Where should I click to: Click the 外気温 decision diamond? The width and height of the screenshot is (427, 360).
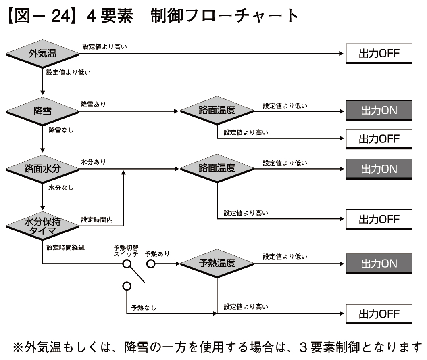coord(42,54)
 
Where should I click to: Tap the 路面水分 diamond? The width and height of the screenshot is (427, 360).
coord(42,168)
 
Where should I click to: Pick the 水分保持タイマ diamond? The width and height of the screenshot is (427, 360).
coord(42,224)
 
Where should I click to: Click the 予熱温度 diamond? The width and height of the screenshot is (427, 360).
coord(217,264)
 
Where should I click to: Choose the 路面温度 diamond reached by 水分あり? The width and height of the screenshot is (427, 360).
coord(217,168)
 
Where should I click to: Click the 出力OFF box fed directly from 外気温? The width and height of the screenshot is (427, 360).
coord(379,54)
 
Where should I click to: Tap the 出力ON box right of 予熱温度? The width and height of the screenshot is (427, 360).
coord(379,264)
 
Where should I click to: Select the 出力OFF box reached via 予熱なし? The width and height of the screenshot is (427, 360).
coord(379,314)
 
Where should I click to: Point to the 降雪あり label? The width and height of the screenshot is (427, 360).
coord(94,104)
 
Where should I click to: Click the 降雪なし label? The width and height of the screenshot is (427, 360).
coord(61,130)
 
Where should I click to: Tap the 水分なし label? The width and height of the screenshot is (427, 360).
coord(61,188)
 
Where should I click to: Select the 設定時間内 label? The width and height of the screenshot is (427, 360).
coord(97,220)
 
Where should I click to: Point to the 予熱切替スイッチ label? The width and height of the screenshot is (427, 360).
coord(126,250)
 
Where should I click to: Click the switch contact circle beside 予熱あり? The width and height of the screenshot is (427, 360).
coord(151,264)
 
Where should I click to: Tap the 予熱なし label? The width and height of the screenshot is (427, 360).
coord(144,308)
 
